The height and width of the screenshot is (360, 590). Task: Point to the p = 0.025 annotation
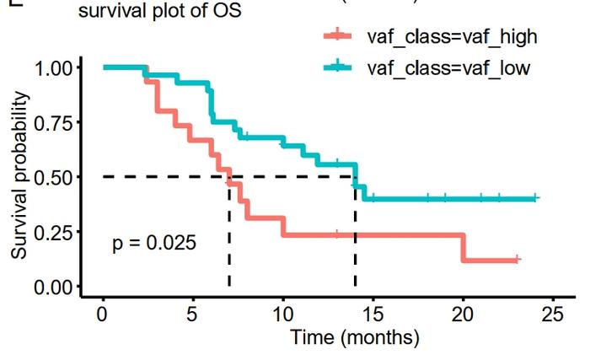154,244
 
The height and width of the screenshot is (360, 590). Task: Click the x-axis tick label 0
103,314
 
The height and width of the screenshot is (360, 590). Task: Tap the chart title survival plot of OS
160,13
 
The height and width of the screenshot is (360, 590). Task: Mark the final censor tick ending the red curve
517,260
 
